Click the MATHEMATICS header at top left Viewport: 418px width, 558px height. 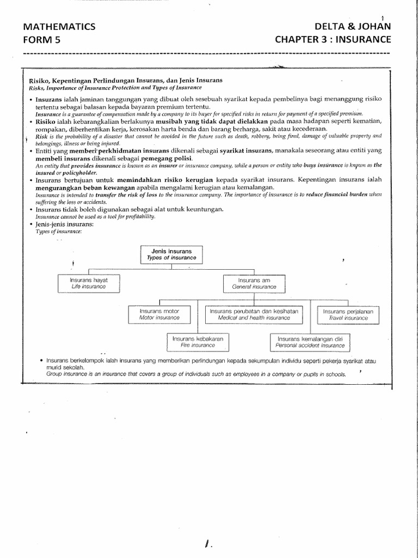pyautogui.click(x=60, y=27)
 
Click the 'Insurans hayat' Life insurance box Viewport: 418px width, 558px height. pyautogui.click(x=88, y=282)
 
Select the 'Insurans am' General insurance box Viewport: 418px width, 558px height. pyautogui.click(x=254, y=283)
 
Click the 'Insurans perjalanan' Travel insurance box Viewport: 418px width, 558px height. pyautogui.click(x=349, y=314)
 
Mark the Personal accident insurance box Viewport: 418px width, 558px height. pyautogui.click(x=310, y=342)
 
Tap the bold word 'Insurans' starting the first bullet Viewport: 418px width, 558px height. pyautogui.click(x=48, y=101)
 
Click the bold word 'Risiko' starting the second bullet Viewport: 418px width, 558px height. pyautogui.click(x=46, y=121)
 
